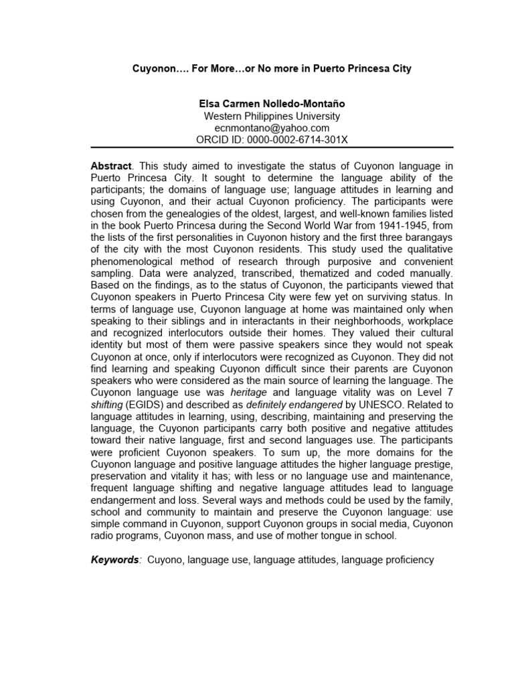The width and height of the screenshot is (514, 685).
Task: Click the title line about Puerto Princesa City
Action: pos(270,69)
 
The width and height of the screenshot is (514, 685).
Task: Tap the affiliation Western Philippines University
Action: pos(272,116)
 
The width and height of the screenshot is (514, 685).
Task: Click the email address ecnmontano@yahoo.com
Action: pos(272,128)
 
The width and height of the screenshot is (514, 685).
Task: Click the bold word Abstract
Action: pos(111,165)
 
